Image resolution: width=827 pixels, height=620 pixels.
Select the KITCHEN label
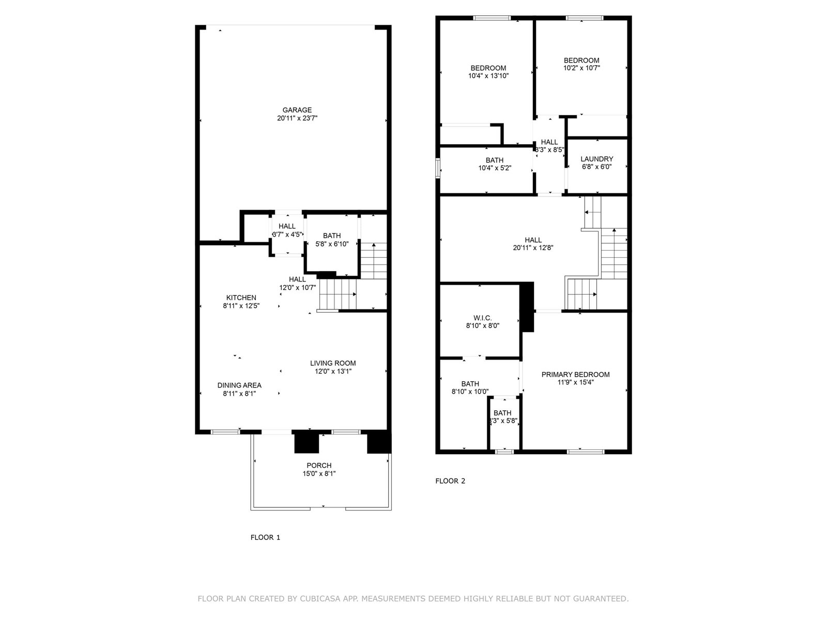tap(241, 298)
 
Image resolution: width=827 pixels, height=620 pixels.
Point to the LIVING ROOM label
tap(333, 363)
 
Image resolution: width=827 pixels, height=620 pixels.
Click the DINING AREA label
tap(239, 385)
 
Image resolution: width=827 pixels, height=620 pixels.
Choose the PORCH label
tap(319, 466)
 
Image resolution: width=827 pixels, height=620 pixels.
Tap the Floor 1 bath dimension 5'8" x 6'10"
tap(332, 244)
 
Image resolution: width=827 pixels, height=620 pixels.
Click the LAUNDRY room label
tap(596, 159)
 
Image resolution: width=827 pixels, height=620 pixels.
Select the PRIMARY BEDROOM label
tap(575, 375)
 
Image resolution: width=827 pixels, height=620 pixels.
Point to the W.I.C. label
tap(482, 318)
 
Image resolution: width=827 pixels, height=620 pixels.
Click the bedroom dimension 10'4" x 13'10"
tap(488, 76)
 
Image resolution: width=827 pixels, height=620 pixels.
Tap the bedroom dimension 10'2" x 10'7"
tap(581, 68)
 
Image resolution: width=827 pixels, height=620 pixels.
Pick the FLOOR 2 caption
tap(450, 481)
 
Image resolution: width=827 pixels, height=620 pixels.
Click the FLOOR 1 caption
tap(265, 537)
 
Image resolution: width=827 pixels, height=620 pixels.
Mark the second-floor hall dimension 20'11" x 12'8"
tap(533, 248)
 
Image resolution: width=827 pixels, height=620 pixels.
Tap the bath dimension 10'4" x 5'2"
tap(494, 168)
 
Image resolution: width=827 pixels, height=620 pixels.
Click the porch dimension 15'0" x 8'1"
tap(319, 473)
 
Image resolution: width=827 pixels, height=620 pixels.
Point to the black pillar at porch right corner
tap(379, 442)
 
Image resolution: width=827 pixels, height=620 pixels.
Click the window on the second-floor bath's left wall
tap(438, 168)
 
